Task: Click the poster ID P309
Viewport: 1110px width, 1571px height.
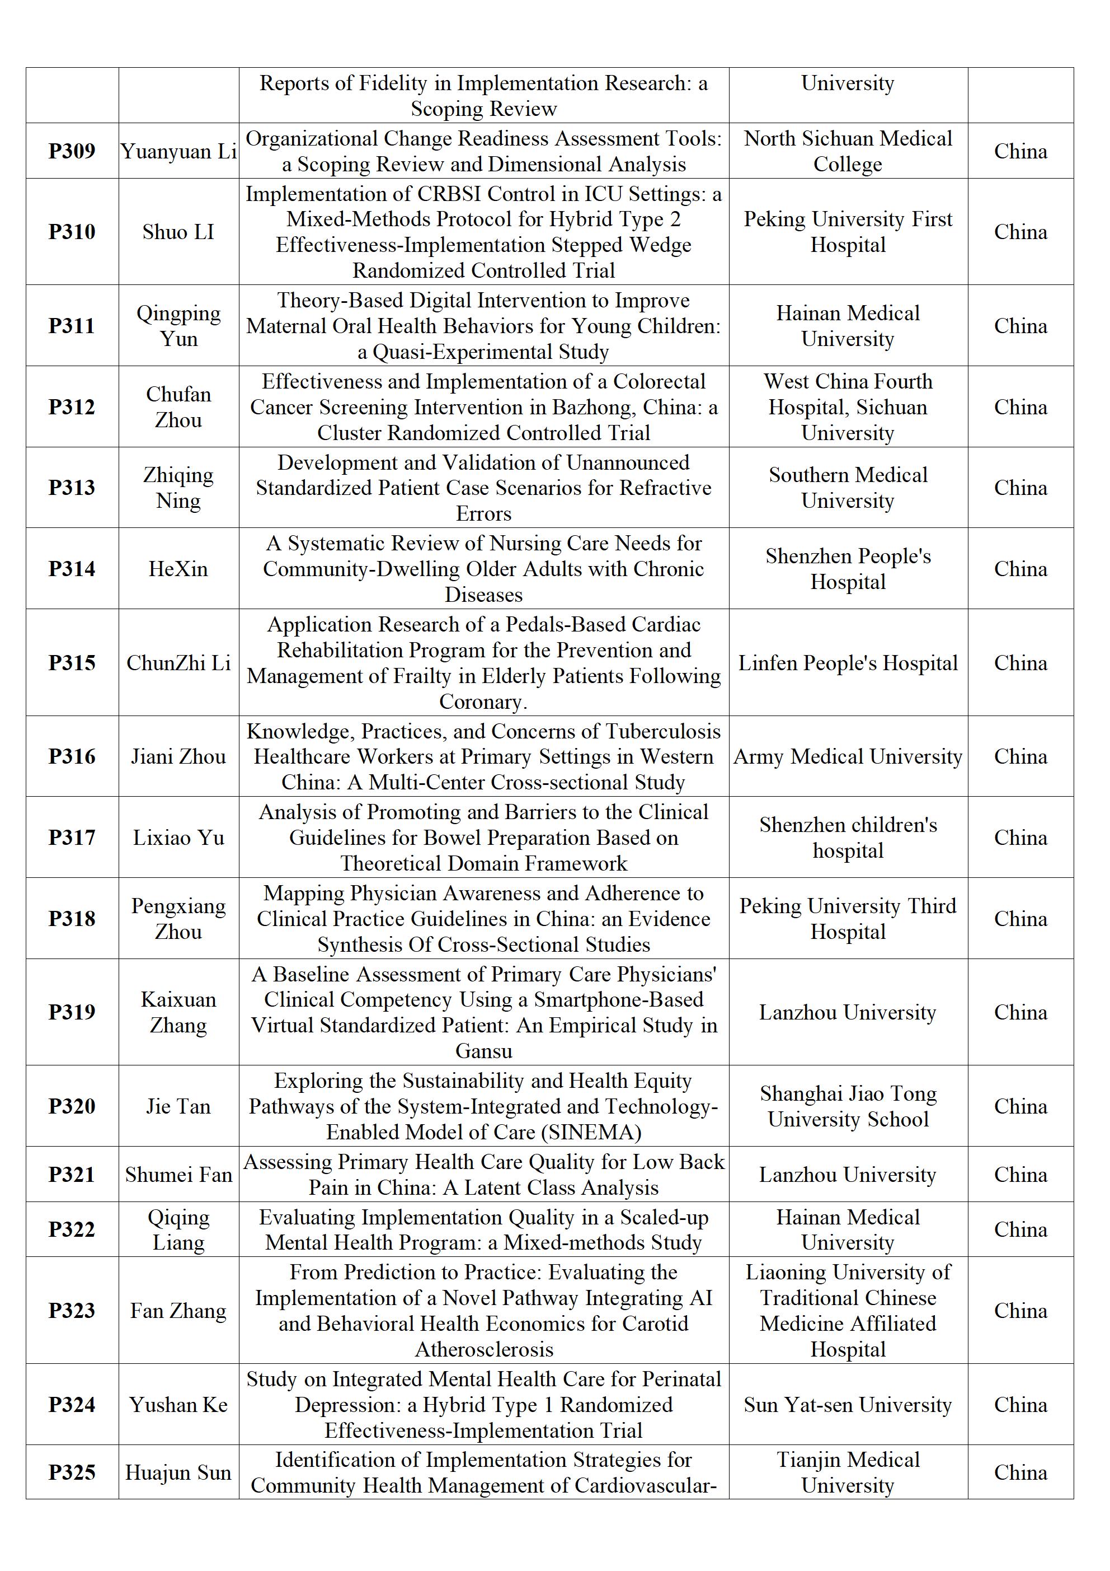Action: click(x=72, y=151)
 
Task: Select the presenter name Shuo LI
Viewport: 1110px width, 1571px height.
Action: click(x=178, y=232)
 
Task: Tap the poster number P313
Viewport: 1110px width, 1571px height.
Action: click(x=72, y=488)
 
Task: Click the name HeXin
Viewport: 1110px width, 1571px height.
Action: click(x=178, y=569)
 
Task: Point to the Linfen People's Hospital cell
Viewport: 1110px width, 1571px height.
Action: click(x=848, y=663)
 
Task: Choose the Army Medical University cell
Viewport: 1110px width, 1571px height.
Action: click(x=848, y=757)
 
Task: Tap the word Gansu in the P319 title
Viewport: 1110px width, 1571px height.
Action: click(x=483, y=1051)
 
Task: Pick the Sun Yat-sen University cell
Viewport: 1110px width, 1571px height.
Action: click(x=848, y=1405)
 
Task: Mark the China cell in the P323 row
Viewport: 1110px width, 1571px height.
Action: click(x=1020, y=1311)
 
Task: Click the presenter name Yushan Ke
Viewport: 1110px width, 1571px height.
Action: click(x=178, y=1405)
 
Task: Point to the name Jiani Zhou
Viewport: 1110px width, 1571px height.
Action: click(x=178, y=757)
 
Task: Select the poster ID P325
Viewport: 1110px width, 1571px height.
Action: click(x=72, y=1472)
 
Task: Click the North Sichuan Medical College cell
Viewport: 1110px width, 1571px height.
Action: click(x=848, y=151)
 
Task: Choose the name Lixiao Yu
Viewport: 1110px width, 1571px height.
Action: click(x=178, y=838)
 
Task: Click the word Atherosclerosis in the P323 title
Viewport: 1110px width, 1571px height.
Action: click(x=483, y=1349)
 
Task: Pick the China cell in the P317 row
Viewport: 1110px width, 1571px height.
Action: click(x=1020, y=838)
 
